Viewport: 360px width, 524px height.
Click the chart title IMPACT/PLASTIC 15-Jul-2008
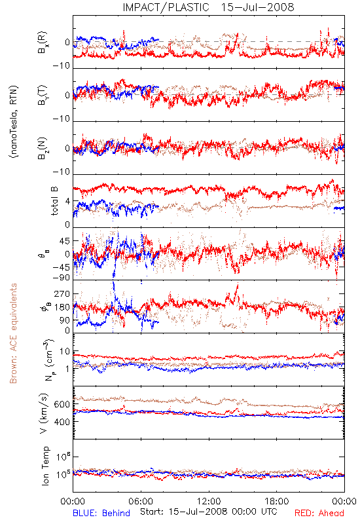click(x=208, y=7)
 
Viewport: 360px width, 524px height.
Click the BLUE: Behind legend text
click(x=101, y=513)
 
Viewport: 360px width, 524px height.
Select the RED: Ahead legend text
click(x=319, y=513)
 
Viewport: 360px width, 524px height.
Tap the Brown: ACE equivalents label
click(x=13, y=333)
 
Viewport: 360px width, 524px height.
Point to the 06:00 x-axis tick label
click(x=141, y=501)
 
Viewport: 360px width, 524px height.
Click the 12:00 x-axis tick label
click(x=209, y=501)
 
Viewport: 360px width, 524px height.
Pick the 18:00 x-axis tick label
click(x=277, y=501)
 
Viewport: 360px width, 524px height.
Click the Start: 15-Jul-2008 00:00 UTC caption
click(x=208, y=512)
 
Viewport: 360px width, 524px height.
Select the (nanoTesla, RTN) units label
click(x=14, y=122)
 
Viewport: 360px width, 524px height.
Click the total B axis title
click(x=54, y=200)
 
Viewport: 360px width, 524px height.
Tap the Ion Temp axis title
click(x=45, y=466)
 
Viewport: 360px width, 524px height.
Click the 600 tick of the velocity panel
click(x=62, y=404)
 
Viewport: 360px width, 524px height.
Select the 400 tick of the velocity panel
click(x=62, y=422)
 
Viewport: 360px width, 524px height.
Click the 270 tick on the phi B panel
click(x=62, y=293)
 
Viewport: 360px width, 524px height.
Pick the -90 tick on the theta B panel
click(x=62, y=278)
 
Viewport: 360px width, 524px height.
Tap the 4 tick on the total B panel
click(x=68, y=202)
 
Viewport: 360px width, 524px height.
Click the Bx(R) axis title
click(x=42, y=43)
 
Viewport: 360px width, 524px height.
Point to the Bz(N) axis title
click(x=42, y=149)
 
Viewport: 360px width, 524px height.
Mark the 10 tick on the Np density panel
click(x=65, y=352)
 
